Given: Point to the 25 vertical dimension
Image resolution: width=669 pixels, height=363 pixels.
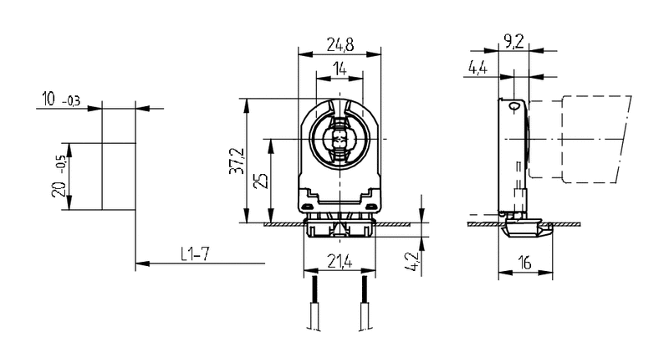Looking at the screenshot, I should tap(262, 182).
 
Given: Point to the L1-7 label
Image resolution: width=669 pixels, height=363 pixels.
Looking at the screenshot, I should tap(195, 253).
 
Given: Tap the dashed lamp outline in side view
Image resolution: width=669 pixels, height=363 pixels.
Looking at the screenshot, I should tap(585, 138).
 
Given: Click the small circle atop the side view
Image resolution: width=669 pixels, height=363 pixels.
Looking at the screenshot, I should tap(514, 106).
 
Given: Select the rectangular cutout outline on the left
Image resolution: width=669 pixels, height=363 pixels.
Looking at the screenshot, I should tap(118, 176).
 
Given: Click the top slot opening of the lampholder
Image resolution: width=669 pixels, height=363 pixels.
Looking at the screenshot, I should tap(340, 108).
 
